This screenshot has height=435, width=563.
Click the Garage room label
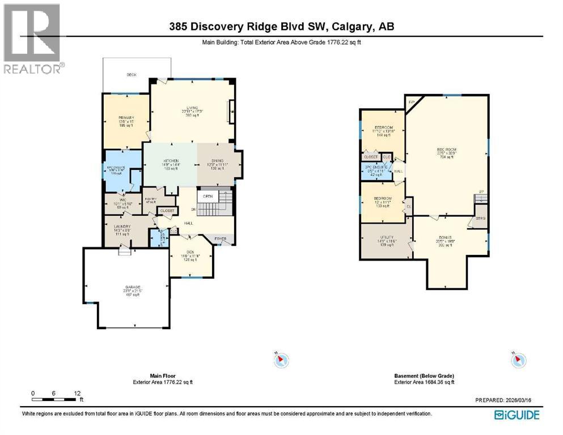(133, 288)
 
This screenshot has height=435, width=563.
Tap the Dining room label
(218, 161)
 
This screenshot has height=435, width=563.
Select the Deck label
(132, 74)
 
